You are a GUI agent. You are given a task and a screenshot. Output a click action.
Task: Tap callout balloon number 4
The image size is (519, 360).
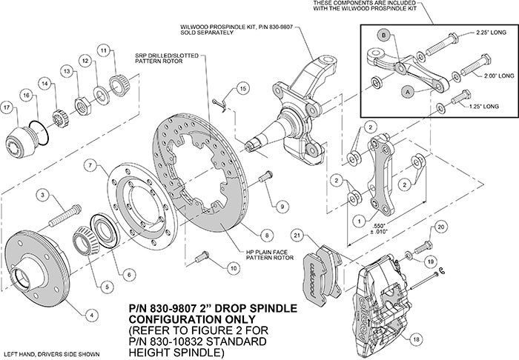click(x=92, y=313)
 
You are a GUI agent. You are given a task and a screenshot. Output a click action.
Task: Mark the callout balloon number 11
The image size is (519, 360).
click(x=103, y=50)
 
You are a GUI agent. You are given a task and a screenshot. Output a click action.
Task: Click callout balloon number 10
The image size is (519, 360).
click(x=234, y=270)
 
